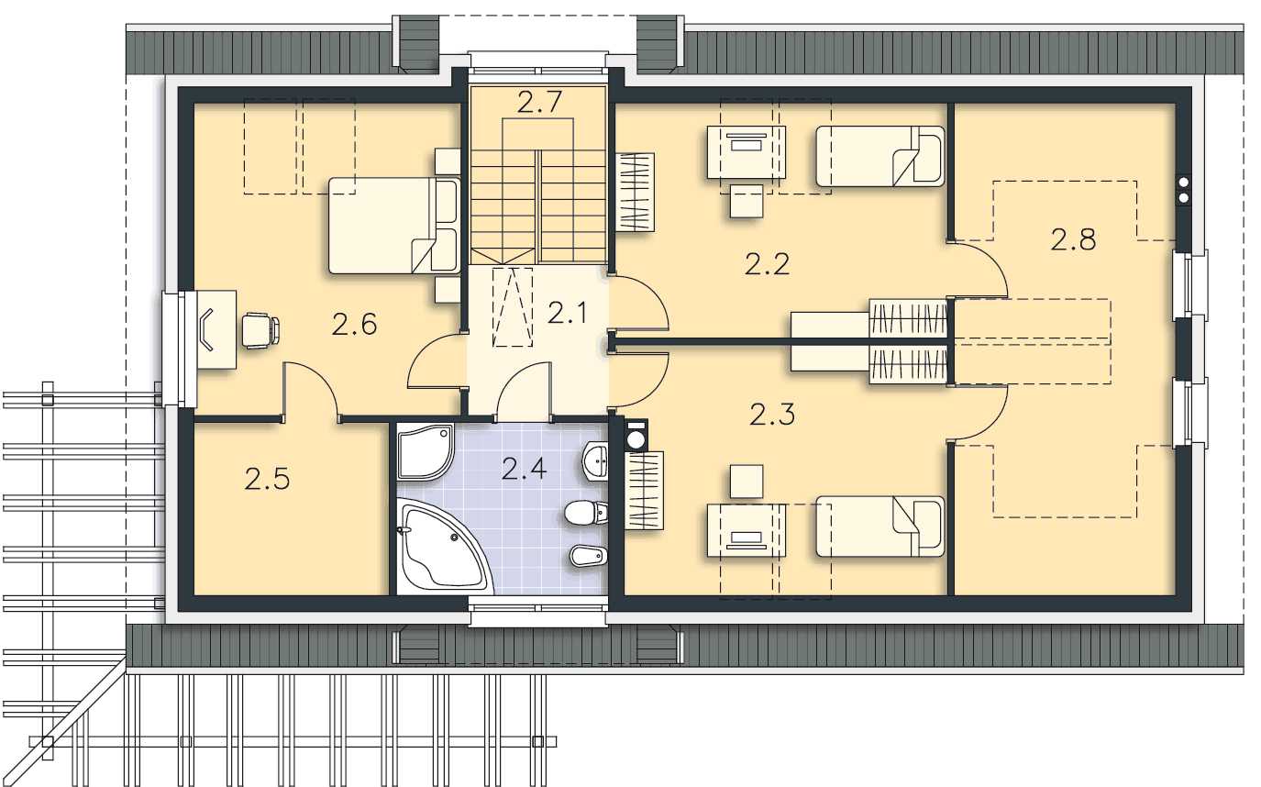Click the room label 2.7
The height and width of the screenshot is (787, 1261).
tap(539, 102)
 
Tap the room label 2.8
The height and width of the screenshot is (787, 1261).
tap(1073, 239)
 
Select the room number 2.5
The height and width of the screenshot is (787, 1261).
tap(267, 479)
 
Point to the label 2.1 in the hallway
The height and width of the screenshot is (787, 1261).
tap(567, 313)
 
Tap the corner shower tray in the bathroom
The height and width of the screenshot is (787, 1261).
tap(425, 452)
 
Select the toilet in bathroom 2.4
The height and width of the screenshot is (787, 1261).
tap(586, 512)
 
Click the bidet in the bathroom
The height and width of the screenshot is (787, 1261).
tap(589, 557)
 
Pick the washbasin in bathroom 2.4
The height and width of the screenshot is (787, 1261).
tap(595, 461)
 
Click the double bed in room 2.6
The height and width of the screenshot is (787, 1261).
tap(394, 226)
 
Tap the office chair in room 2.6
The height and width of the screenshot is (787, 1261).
tap(260, 329)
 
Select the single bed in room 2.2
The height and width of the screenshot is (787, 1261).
tap(879, 156)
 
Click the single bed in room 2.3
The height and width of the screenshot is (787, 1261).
tap(879, 527)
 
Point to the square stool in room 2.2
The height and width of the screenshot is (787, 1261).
tap(747, 201)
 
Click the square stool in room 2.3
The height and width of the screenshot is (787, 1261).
tap(747, 482)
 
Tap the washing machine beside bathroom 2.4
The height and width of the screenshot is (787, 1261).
tap(636, 435)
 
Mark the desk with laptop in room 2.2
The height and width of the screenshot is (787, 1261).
tap(747, 152)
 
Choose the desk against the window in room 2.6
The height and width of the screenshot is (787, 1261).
tap(216, 330)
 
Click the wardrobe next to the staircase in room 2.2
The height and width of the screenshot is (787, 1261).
tap(635, 192)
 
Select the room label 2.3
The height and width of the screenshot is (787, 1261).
tap(772, 415)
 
